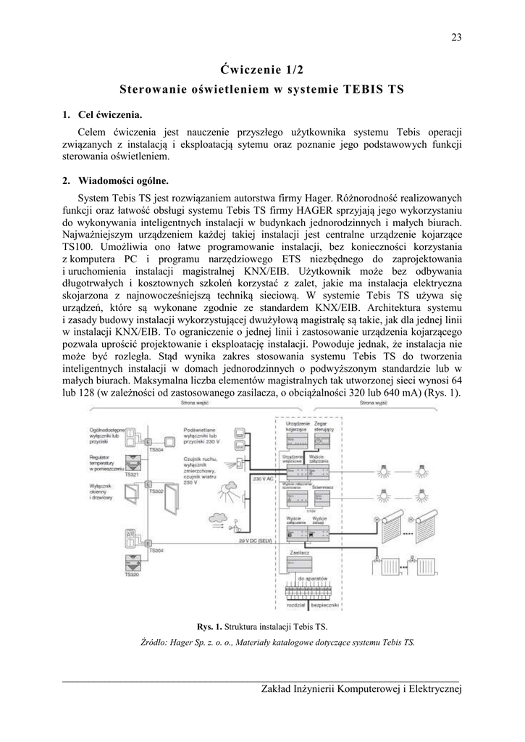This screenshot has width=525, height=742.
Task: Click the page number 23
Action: [456, 38]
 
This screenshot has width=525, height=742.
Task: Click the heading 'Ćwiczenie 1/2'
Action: [262, 70]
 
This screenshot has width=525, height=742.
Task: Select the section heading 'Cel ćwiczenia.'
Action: [110, 115]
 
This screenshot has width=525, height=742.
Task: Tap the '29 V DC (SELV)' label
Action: [256, 540]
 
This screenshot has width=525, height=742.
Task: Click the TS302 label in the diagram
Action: [156, 491]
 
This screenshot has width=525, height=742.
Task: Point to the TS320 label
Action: [131, 575]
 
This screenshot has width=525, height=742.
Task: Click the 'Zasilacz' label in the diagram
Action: [298, 552]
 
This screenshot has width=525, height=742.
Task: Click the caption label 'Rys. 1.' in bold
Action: [210, 626]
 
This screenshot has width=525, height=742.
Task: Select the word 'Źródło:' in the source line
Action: [154, 642]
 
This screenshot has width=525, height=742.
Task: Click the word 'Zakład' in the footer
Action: [277, 688]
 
